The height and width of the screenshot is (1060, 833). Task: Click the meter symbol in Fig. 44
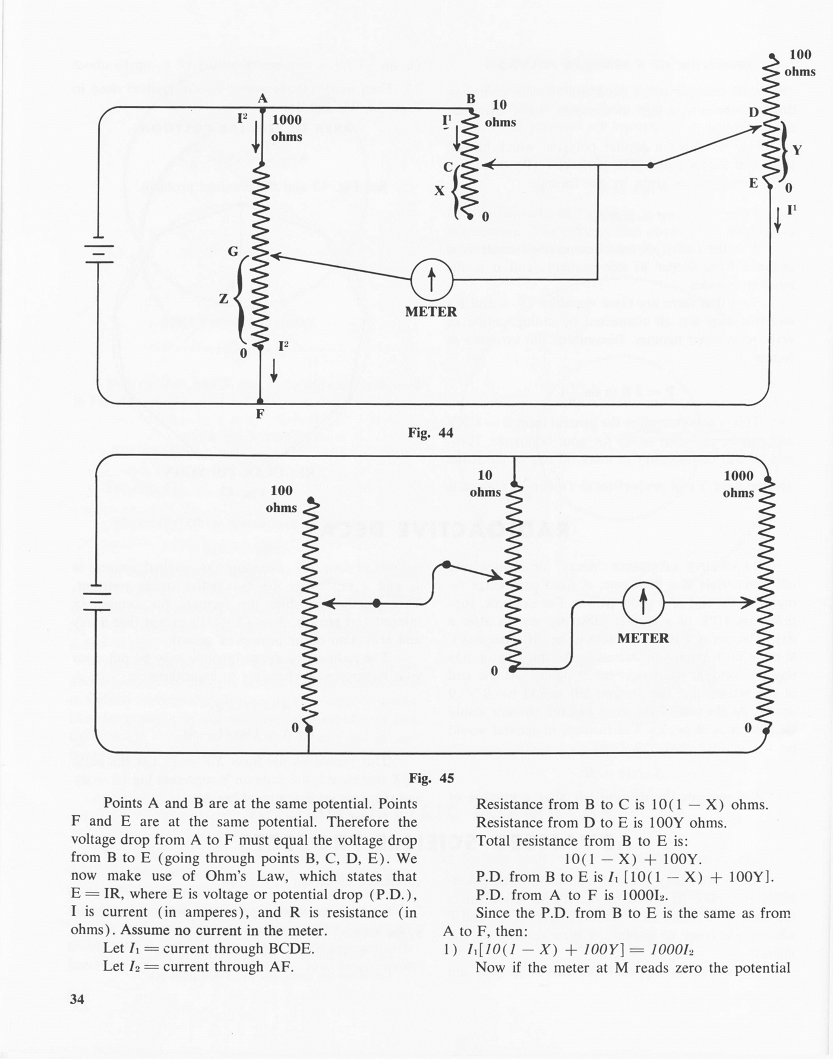[432, 279]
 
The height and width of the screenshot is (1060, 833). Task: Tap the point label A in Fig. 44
[263, 99]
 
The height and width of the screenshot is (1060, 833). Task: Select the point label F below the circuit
[260, 414]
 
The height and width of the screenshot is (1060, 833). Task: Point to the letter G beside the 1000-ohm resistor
[233, 252]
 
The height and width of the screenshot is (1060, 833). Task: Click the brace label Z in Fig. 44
[223, 299]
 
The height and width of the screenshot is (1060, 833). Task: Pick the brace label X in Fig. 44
[439, 191]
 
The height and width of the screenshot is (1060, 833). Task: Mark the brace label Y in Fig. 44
[797, 150]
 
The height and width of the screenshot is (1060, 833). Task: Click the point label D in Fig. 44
[753, 112]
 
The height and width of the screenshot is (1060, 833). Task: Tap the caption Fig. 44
[431, 433]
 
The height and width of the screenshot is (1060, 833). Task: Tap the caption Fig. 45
[431, 778]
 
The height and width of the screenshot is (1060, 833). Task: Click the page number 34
[77, 999]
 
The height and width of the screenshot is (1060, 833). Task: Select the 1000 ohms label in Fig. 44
[286, 128]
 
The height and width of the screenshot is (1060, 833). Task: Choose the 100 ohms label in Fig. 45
[281, 499]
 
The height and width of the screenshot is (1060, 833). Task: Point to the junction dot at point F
[260, 401]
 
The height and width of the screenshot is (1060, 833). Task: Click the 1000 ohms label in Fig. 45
[739, 484]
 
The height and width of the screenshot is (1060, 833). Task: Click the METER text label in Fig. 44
[431, 312]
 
